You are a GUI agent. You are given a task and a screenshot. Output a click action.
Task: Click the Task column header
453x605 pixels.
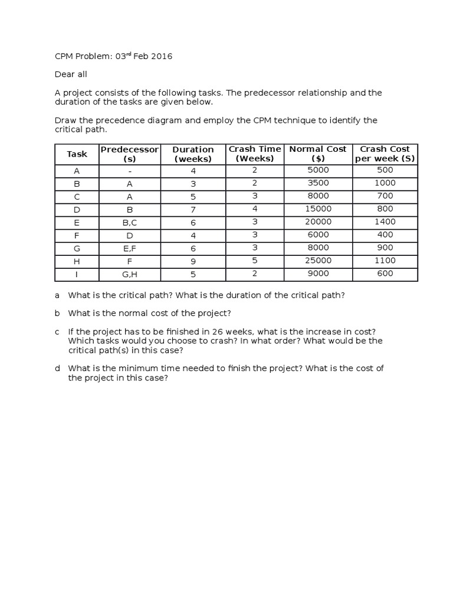(x=77, y=154)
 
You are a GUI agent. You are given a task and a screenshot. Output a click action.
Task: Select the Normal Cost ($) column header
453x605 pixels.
(x=318, y=154)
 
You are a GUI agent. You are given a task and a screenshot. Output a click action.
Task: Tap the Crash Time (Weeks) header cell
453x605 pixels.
(x=255, y=154)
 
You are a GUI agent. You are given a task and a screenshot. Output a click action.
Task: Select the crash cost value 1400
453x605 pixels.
(x=385, y=222)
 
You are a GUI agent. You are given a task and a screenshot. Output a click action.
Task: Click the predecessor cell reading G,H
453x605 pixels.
(x=130, y=275)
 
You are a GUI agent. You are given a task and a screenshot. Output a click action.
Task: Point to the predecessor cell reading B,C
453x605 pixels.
(x=130, y=223)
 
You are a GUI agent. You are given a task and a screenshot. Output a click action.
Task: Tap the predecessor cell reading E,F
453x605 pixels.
(x=130, y=249)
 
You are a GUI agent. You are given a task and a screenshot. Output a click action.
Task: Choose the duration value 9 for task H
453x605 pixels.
(x=193, y=262)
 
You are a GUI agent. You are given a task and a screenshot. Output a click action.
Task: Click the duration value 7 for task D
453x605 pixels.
(x=193, y=210)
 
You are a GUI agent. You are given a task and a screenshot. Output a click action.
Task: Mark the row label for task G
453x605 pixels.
(x=77, y=249)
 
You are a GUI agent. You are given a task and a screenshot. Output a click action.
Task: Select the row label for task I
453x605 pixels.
(x=77, y=275)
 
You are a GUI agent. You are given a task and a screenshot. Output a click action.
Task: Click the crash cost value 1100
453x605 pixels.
(x=385, y=261)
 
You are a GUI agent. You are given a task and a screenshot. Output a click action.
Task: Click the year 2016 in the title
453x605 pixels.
(x=160, y=57)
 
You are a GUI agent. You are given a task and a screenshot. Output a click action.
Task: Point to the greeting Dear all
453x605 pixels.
(x=71, y=75)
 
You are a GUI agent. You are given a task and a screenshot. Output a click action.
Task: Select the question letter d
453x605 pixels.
(x=58, y=368)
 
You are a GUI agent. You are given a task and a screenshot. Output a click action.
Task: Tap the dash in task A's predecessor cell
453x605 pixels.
(x=130, y=171)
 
